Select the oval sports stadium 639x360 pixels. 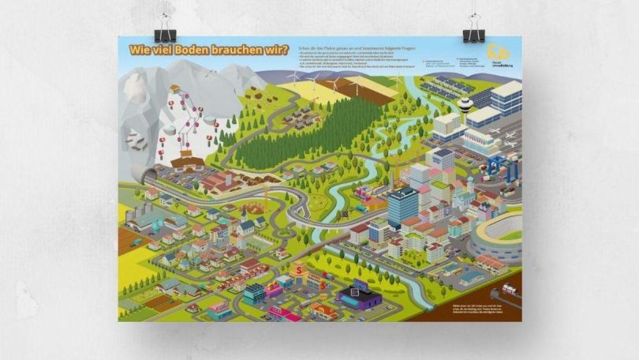tap(497, 234)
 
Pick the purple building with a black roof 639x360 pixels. tap(359, 295)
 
